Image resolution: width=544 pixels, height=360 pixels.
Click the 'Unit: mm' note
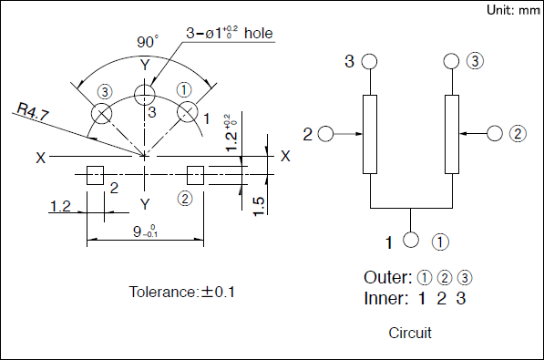513,10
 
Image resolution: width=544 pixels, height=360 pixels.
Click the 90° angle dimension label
148,42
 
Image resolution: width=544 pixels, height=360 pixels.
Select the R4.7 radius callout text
33,111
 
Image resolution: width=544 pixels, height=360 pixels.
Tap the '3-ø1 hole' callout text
230,33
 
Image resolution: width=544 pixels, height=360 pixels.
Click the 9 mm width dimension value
146,231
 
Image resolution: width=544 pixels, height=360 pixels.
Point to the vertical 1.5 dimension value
259,206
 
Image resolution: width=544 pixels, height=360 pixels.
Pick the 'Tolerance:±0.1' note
182,292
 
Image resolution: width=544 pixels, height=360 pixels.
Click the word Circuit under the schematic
410,333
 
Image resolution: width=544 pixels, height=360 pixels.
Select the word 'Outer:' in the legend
388,277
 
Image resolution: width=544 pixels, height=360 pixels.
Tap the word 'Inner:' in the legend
385,298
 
